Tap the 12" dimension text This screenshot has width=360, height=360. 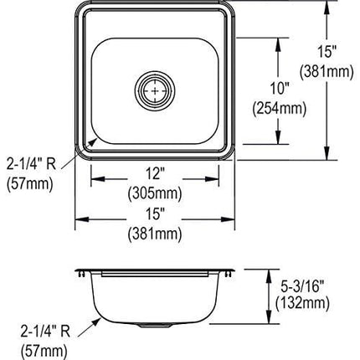point(154,173)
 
